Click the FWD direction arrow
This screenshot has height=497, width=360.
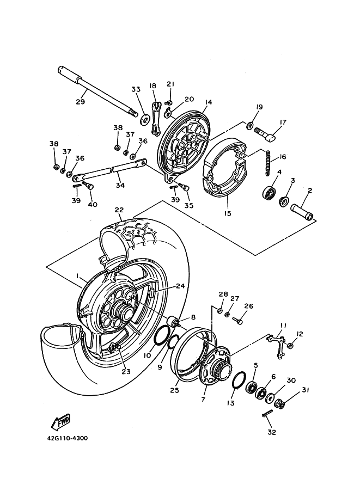click(61, 422)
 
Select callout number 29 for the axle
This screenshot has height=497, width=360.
click(80, 102)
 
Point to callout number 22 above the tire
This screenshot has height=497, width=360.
click(119, 210)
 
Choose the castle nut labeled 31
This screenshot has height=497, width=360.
click(279, 403)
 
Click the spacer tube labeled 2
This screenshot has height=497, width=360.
click(302, 212)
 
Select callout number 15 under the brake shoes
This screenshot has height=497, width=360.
click(227, 213)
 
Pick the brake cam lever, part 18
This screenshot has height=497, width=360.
click(155, 119)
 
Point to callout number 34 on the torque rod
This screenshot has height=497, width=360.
click(120, 186)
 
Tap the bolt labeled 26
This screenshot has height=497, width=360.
click(237, 321)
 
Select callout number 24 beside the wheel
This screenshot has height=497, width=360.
click(180, 286)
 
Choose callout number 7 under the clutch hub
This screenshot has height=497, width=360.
click(203, 400)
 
